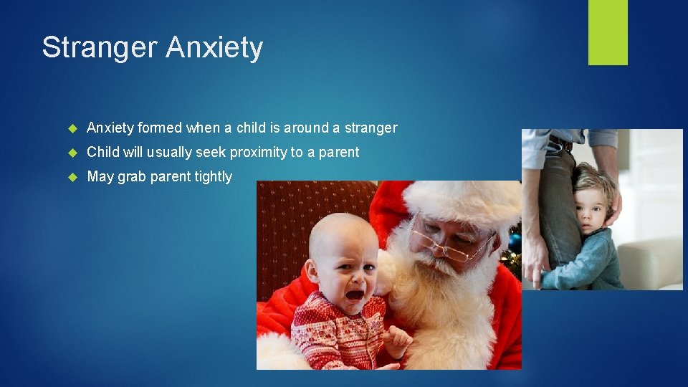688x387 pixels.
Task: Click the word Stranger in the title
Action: click(x=100, y=48)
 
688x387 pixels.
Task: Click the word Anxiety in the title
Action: click(x=214, y=48)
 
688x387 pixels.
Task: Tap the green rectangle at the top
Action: click(x=608, y=32)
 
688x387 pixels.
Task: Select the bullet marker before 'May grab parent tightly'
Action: click(x=72, y=177)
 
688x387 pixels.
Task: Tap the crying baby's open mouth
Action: click(x=354, y=293)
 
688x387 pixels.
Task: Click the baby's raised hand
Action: click(x=396, y=337)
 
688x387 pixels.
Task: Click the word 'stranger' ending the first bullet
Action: click(x=370, y=128)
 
